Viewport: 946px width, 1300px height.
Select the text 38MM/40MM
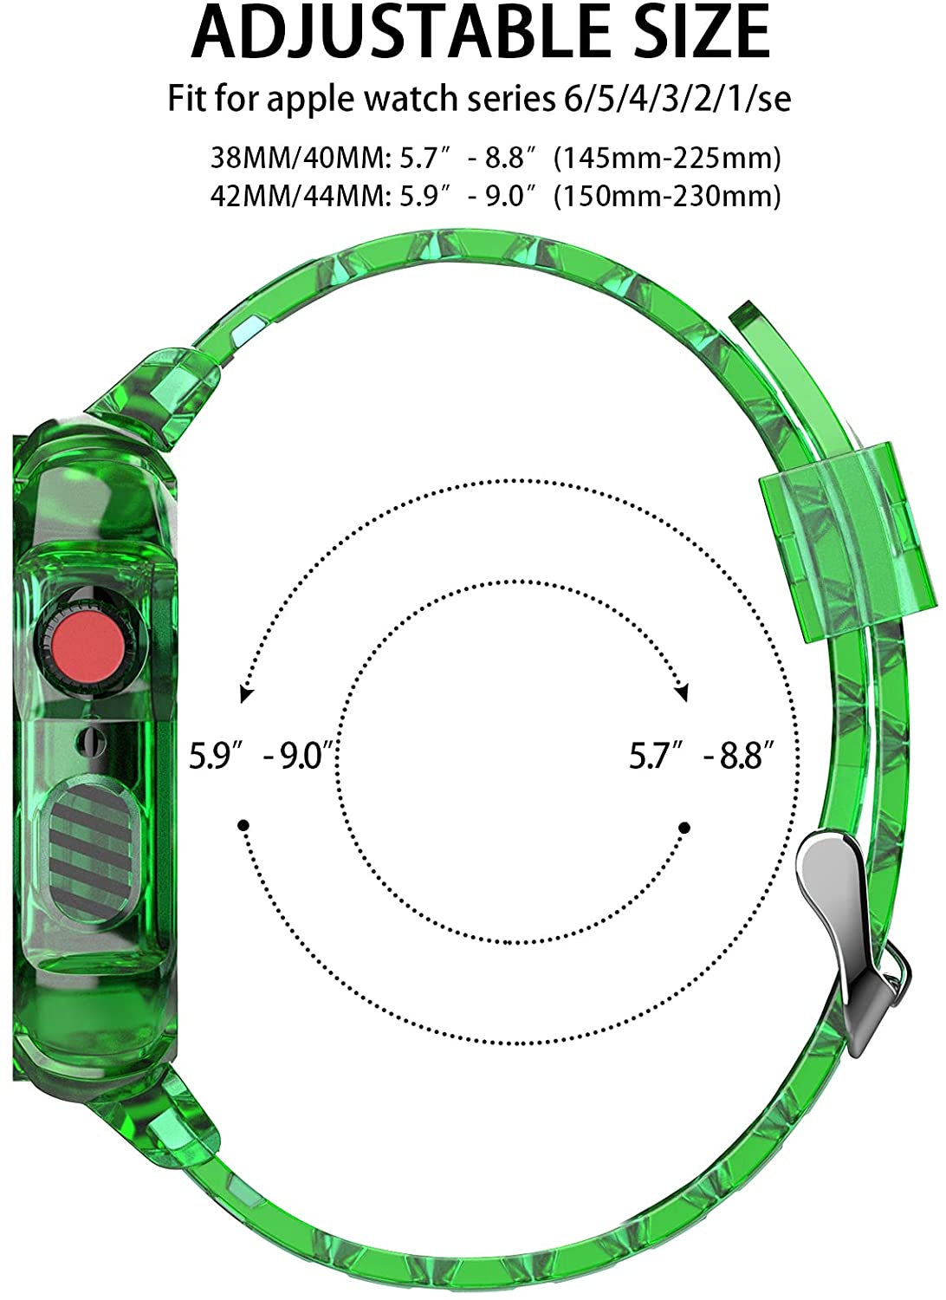pyautogui.click(x=300, y=158)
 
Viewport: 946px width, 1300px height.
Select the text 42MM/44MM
pyautogui.click(x=300, y=197)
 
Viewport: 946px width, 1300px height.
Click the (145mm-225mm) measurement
pyautogui.click(x=668, y=159)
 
